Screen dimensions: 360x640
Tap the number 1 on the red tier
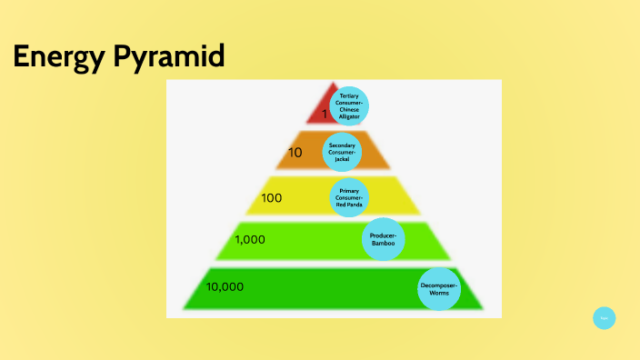(x=324, y=115)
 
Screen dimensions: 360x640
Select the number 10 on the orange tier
(x=295, y=153)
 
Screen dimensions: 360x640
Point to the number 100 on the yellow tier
(x=271, y=197)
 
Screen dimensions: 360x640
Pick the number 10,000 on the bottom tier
(x=225, y=286)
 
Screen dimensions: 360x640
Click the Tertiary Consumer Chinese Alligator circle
(x=349, y=105)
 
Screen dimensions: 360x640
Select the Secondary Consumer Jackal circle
(x=342, y=152)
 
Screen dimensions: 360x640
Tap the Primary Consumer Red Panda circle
(x=349, y=196)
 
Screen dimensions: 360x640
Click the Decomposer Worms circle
(x=439, y=289)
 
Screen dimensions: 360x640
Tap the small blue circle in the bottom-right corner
(x=604, y=317)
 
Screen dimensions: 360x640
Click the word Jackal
(x=342, y=159)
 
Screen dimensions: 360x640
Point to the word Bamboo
(x=384, y=244)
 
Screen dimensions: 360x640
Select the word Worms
(x=439, y=294)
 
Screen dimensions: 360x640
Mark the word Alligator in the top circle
(x=349, y=116)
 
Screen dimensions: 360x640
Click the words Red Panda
(x=349, y=204)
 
